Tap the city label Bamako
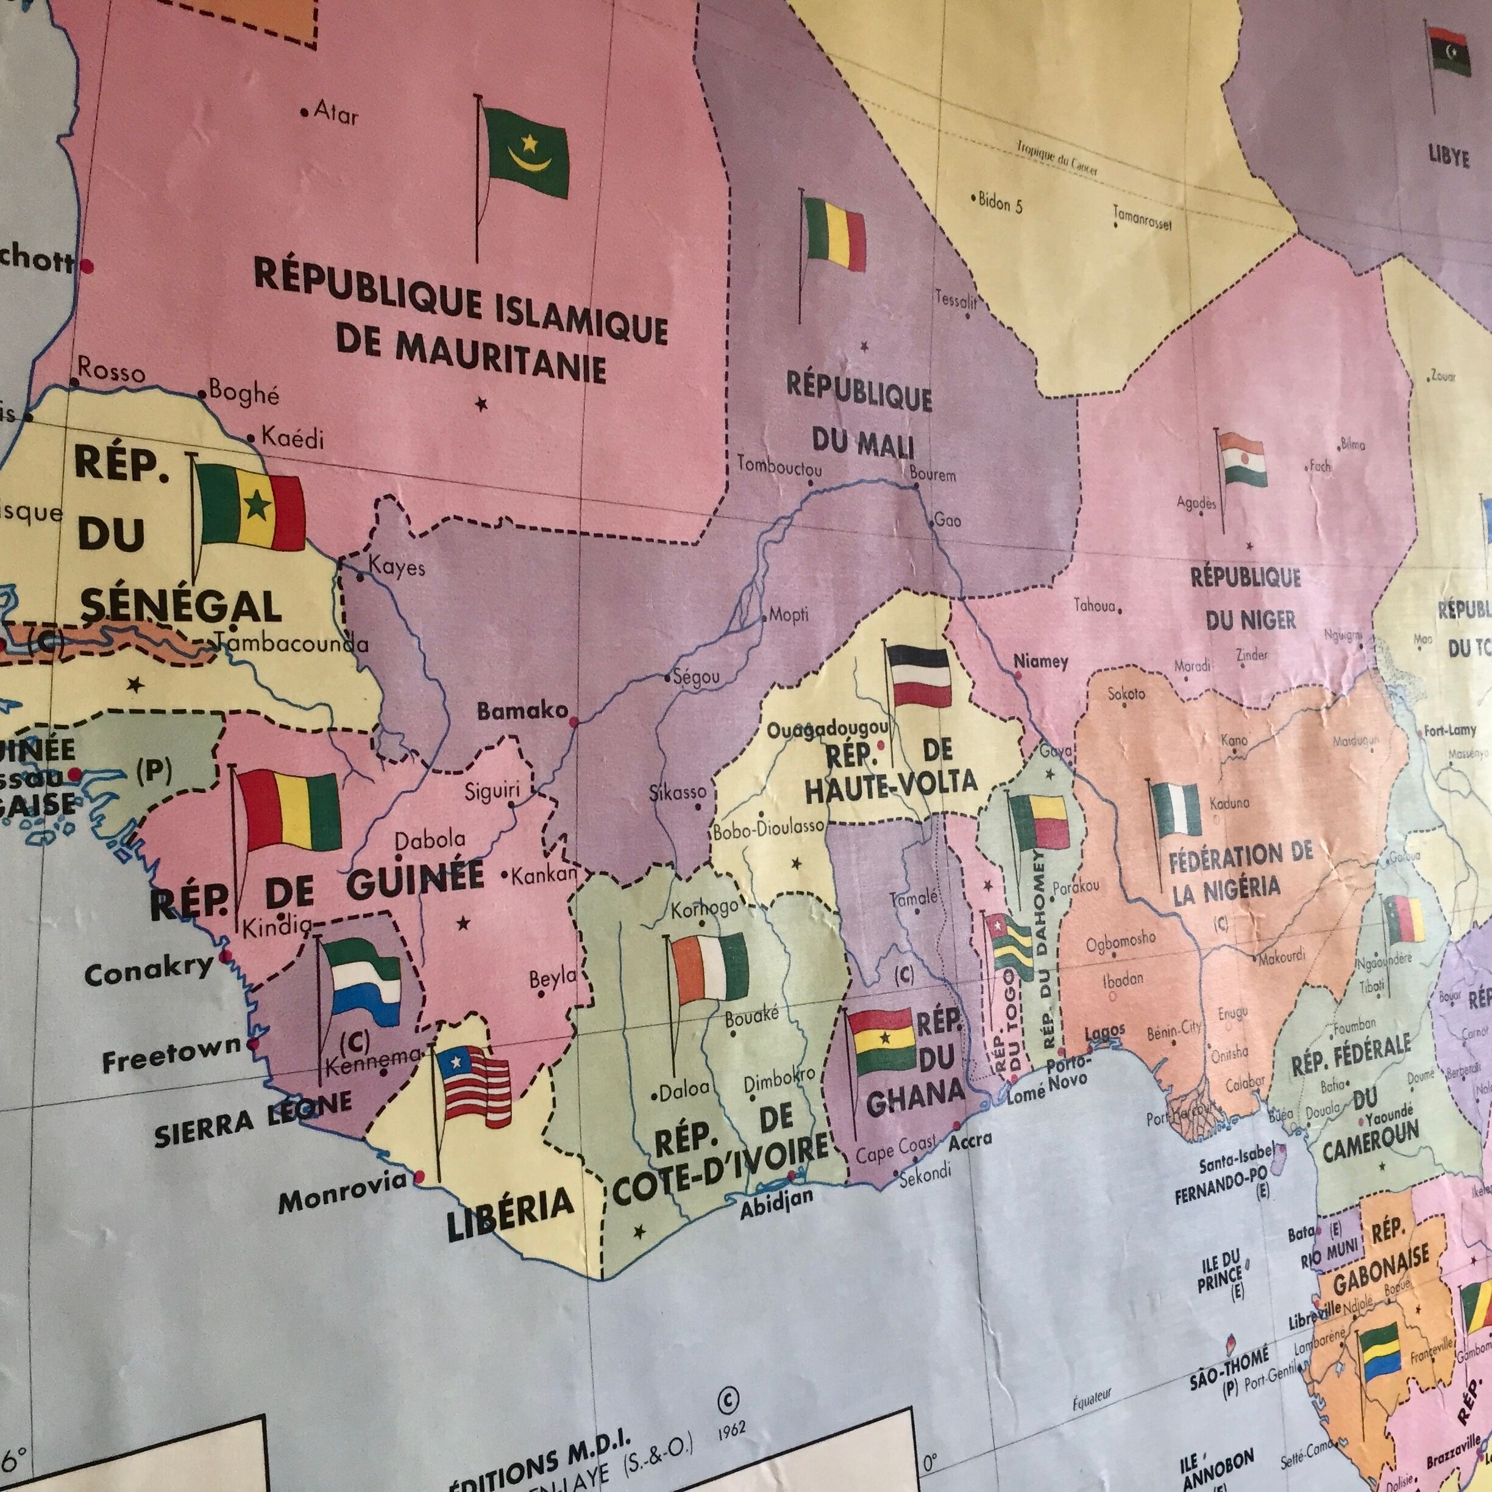(522, 711)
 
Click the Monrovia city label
(341, 1201)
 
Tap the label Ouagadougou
(828, 729)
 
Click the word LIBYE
(1448, 157)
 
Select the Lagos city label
(1104, 1032)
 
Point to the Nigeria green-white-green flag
(1177, 809)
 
